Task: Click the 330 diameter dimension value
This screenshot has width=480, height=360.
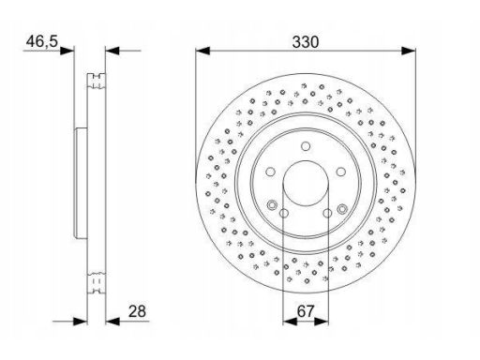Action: pos(306,42)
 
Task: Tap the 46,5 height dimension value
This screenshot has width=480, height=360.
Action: pos(42,41)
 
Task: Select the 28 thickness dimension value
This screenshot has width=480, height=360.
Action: pos(137,311)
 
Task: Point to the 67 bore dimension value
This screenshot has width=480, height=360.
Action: pos(305,311)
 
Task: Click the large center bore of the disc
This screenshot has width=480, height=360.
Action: pos(306,184)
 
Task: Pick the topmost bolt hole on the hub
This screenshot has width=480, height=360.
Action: pos(306,146)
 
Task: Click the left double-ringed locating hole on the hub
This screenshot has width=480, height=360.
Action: pos(272,205)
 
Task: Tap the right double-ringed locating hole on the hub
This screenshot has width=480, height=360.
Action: pos(342,208)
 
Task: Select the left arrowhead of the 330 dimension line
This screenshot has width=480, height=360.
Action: pos(202,51)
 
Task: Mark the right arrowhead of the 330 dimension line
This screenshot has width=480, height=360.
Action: pos(409,51)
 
